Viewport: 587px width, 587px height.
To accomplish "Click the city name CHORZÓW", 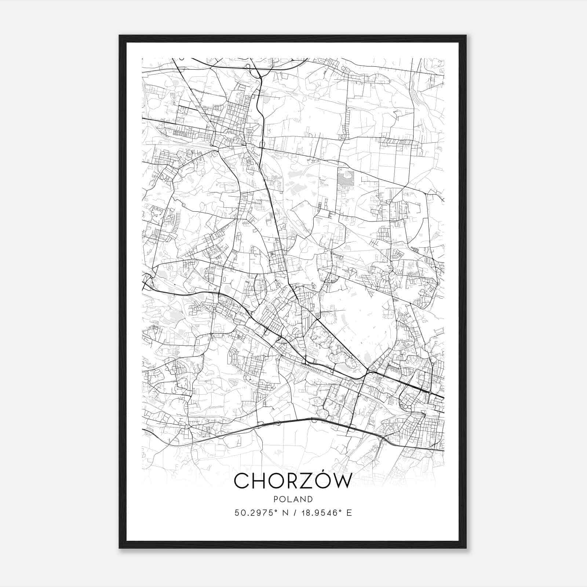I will click(x=293, y=481).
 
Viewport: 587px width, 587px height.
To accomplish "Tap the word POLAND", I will click(x=293, y=499).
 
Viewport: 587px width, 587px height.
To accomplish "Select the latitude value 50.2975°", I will click(x=254, y=513).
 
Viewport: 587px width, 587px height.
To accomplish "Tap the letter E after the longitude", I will click(x=349, y=513).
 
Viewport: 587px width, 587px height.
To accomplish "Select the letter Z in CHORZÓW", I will click(x=303, y=481).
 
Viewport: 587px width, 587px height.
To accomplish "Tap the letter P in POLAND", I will click(x=276, y=499).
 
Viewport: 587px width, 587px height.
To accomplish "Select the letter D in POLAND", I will click(x=310, y=499).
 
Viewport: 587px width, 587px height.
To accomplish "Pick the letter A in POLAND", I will click(x=296, y=499).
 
